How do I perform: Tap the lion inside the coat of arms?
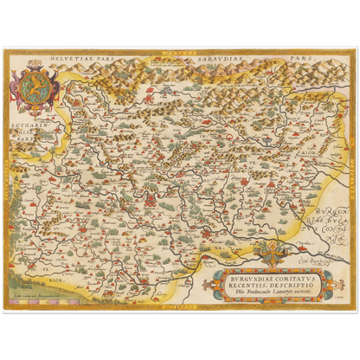click(x=36, y=87)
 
